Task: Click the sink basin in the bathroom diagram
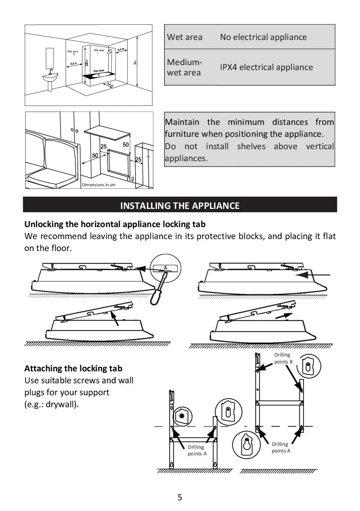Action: click(x=51, y=76)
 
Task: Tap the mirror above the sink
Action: click(x=50, y=56)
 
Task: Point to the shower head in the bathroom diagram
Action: click(x=109, y=52)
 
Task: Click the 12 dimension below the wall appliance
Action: click(x=131, y=179)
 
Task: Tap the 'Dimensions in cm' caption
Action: click(x=98, y=185)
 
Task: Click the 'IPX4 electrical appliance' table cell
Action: click(x=266, y=67)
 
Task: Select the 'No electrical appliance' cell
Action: click(x=263, y=37)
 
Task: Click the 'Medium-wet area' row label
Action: click(x=184, y=67)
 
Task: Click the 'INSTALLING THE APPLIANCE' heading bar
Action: click(x=180, y=205)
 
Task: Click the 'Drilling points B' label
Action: click(x=283, y=358)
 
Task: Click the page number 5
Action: click(x=180, y=497)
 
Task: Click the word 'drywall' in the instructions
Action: click(x=61, y=404)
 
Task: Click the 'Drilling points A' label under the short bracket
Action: click(x=197, y=450)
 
